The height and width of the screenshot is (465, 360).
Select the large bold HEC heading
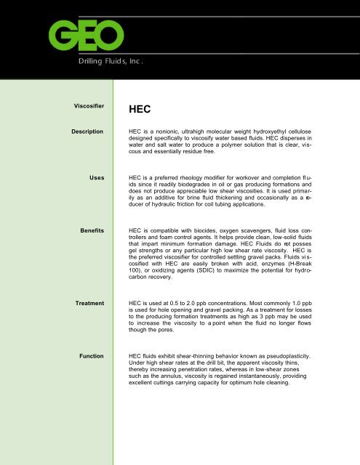[141, 110]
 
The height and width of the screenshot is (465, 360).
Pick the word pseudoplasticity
[310, 357]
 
